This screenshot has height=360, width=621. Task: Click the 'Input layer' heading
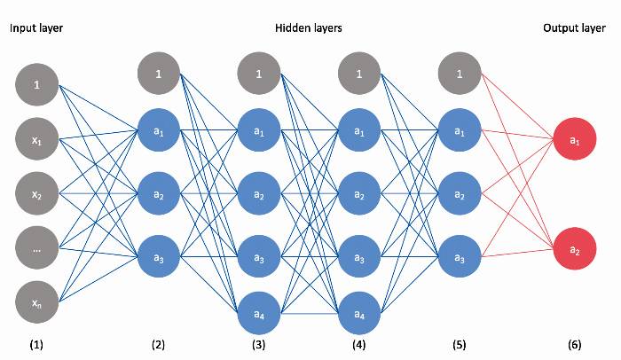(x=36, y=28)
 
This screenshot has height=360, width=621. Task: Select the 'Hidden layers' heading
(x=308, y=28)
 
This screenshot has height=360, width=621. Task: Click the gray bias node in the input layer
(x=36, y=86)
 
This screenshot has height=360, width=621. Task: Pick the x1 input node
(x=36, y=140)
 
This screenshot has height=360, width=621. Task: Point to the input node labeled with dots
(x=36, y=250)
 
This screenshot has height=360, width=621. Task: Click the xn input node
(x=36, y=304)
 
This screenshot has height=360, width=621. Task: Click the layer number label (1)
(x=36, y=342)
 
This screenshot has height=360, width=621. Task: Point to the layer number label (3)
(x=259, y=342)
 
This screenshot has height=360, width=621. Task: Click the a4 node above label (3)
(x=259, y=313)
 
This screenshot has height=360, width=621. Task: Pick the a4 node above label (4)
(x=359, y=313)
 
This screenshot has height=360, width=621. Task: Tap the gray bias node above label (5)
(x=460, y=75)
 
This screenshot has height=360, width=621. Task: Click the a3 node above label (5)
(x=460, y=258)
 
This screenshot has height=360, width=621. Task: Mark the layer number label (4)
(x=359, y=342)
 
